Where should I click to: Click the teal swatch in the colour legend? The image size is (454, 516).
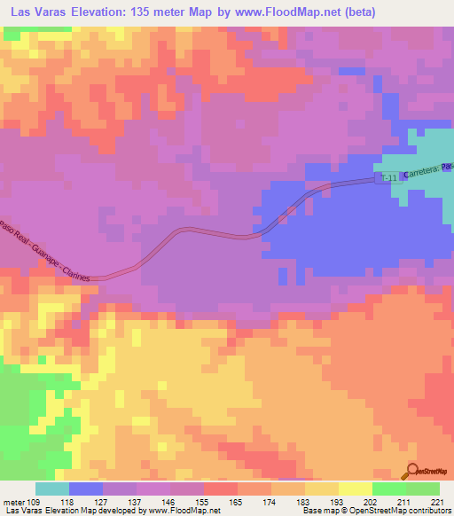52,489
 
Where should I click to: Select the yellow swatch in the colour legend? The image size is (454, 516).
355,489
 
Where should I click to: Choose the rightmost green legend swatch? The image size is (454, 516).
422,489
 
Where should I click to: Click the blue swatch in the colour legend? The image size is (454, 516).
86,489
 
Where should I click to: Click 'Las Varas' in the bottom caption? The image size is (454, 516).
22,512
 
